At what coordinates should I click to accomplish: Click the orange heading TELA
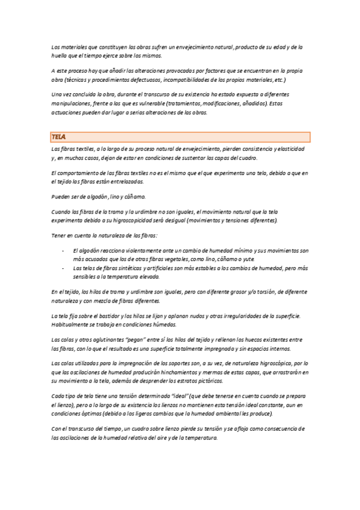[x=58, y=137]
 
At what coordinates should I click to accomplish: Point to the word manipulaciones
[x=72, y=103]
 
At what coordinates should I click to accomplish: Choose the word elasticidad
[x=290, y=149]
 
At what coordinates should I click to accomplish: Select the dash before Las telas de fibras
[x=63, y=268]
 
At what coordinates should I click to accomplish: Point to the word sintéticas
[x=128, y=268]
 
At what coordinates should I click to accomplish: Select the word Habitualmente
[x=70, y=324]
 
